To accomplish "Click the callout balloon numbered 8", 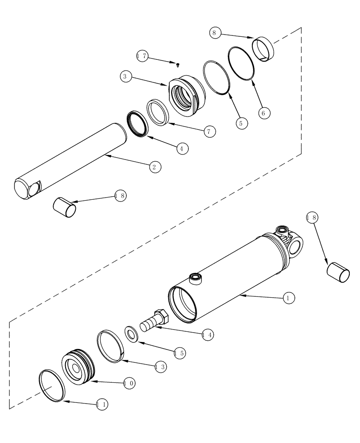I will click(x=215, y=33).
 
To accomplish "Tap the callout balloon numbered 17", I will click(x=142, y=56).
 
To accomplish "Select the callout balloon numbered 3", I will click(x=125, y=76).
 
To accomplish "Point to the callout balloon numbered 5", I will click(x=241, y=123).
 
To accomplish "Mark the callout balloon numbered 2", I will click(x=154, y=167).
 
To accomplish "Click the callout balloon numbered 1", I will click(x=288, y=298).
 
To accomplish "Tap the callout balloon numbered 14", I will click(x=207, y=335).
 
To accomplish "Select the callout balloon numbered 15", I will click(x=180, y=354).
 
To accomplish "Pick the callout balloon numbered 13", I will click(x=161, y=367).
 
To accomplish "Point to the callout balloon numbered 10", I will click(x=129, y=384).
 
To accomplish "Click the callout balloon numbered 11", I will click(x=102, y=404).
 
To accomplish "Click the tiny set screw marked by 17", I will click(x=177, y=65).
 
